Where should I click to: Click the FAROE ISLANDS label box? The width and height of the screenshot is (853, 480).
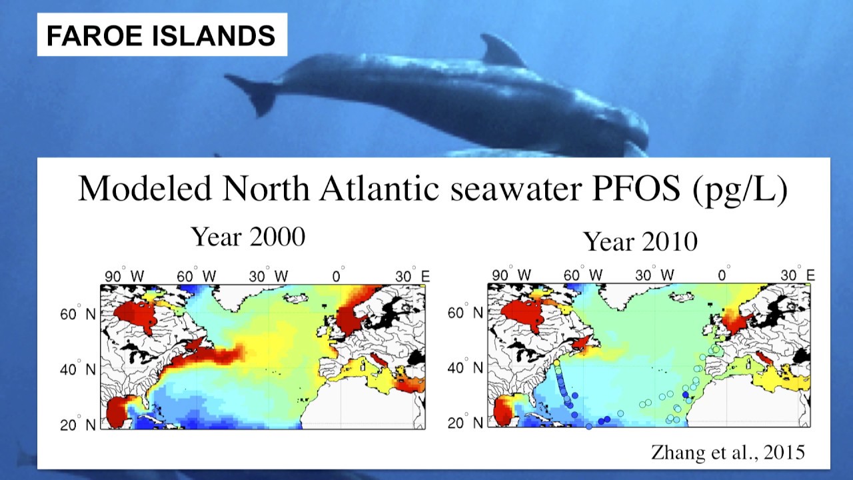[x=161, y=35]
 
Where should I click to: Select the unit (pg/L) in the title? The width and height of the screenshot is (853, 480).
[x=740, y=189]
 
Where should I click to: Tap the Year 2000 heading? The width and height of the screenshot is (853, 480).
[x=248, y=236]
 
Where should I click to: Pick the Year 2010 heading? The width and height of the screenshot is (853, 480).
[x=640, y=241]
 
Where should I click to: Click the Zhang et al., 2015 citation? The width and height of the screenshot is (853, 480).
[x=728, y=453]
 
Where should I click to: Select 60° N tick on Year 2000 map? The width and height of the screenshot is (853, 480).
[x=79, y=313]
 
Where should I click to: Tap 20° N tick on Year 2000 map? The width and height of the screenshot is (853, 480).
[x=79, y=423]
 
